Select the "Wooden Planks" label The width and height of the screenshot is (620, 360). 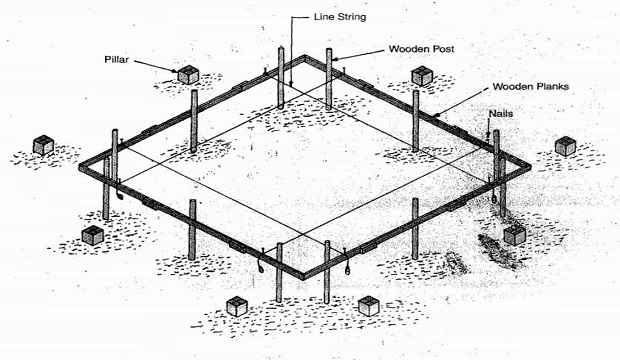tap(531, 87)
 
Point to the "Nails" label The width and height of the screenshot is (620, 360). tap(502, 114)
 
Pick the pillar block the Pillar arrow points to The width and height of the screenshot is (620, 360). tap(187, 73)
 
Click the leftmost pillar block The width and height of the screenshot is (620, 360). tap(42, 145)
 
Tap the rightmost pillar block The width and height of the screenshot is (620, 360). tap(566, 145)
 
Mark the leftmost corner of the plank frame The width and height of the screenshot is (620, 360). tap(82, 159)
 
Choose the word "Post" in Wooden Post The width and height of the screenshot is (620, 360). tap(445, 48)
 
